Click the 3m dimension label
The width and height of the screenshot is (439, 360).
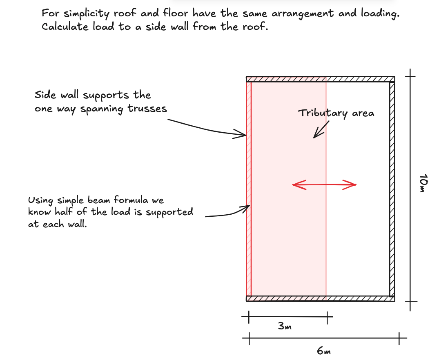(x=285, y=327)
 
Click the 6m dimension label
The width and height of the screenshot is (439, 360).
(x=324, y=351)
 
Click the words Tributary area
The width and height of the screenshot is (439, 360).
(x=336, y=113)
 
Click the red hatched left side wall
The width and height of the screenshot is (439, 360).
(x=248, y=188)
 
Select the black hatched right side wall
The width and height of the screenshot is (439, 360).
(x=392, y=188)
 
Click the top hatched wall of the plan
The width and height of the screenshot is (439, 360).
(x=320, y=79)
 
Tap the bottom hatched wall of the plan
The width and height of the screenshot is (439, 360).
(x=320, y=299)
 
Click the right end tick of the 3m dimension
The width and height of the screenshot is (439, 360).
(x=328, y=316)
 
